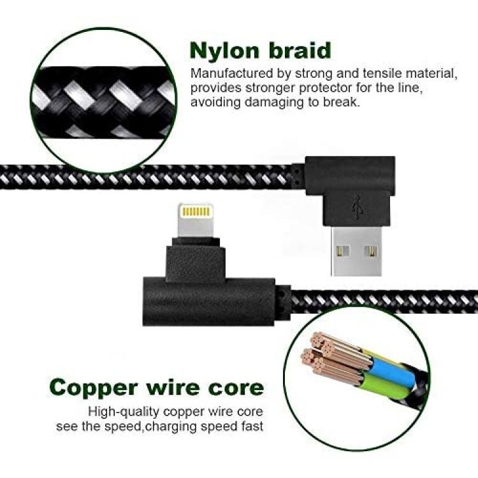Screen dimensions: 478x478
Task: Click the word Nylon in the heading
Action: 224,51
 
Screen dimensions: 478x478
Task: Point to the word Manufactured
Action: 232,73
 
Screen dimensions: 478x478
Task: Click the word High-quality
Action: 124,412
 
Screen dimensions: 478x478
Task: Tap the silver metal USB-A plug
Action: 356,251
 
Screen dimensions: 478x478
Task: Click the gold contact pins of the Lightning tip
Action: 196,212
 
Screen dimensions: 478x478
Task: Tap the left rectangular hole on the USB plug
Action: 343,252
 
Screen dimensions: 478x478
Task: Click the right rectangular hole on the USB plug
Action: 371,252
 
